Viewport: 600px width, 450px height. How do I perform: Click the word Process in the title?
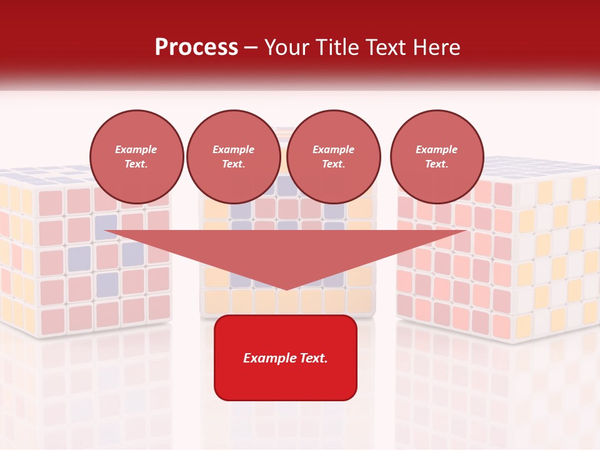tap(196, 47)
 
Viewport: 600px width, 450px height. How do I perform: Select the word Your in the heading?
tap(286, 47)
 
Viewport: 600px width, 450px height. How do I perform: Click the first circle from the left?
tap(137, 156)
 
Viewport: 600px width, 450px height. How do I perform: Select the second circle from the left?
tap(234, 156)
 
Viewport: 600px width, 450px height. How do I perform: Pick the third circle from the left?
tap(334, 156)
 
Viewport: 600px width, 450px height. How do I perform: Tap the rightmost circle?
tap(437, 156)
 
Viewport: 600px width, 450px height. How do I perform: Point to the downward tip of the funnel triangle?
tap(286, 289)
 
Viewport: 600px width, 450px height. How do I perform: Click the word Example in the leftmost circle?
tap(136, 149)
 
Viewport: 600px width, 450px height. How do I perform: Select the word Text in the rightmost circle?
tap(436, 164)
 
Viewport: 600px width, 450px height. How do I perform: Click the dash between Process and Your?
tap(251, 47)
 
